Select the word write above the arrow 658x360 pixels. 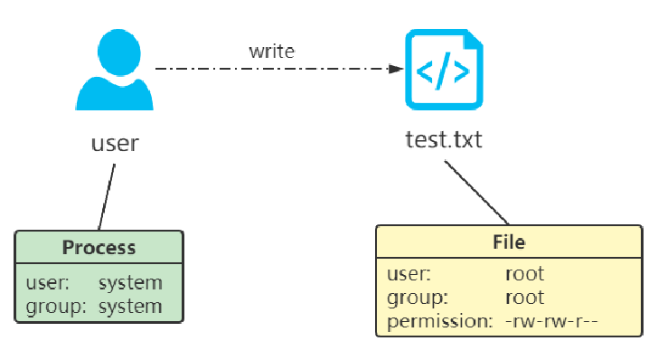point(272,52)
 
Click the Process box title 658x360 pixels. point(99,248)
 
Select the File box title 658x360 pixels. point(509,242)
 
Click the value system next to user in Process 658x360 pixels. point(130,283)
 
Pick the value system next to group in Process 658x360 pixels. point(130,306)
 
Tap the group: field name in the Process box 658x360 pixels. point(55,306)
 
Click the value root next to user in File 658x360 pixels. point(524,273)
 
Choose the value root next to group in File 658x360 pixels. point(524,297)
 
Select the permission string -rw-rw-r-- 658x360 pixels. point(552,321)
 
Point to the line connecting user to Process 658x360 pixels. point(107,196)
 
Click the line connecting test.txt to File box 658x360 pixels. point(475,194)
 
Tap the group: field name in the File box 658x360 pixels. point(416,297)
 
